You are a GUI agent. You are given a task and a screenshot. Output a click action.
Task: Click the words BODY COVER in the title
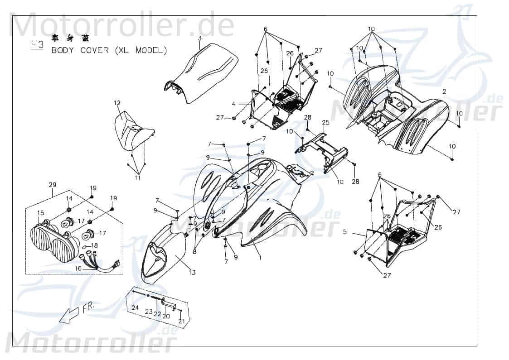80,50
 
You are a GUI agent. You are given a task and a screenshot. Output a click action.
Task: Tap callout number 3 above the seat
199,38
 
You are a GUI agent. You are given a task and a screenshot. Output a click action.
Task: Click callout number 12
117,103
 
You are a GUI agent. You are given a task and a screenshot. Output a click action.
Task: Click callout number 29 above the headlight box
52,185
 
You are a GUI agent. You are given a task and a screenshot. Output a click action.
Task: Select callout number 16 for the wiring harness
78,269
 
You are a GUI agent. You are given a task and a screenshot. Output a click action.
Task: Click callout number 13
192,273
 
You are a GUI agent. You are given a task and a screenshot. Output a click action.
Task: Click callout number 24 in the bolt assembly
135,308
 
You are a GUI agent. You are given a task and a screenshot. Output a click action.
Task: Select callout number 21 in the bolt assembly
181,322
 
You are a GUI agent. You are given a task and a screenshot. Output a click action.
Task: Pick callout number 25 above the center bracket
338,123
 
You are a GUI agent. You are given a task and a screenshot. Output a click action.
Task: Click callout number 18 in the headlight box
95,245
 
